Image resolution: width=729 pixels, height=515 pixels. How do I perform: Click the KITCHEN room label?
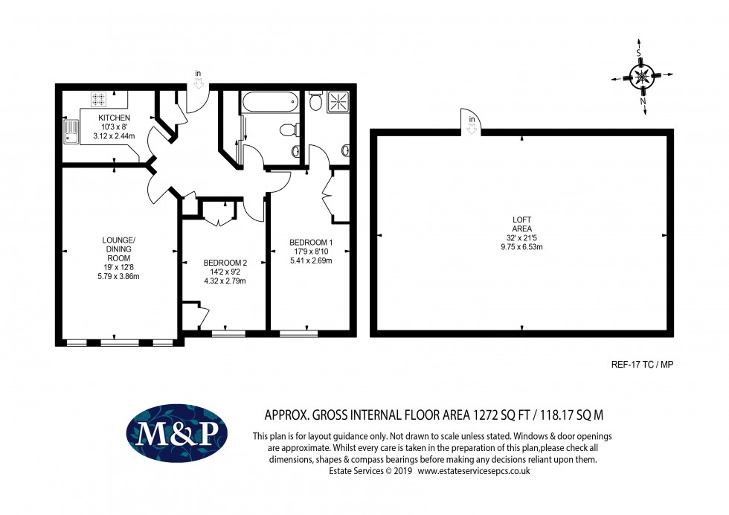(x=114, y=118)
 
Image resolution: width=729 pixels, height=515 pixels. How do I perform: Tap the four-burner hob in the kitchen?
(x=98, y=98)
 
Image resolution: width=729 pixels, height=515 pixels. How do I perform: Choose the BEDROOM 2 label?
(x=225, y=263)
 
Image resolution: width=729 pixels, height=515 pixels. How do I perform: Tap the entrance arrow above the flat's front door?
(x=198, y=83)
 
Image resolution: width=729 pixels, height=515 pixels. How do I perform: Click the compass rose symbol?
(x=642, y=75)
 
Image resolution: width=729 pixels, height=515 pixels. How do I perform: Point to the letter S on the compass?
(x=638, y=53)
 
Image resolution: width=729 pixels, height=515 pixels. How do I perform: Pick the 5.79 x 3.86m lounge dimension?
(x=119, y=276)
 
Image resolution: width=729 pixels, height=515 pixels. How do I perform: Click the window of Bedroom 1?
(x=298, y=333)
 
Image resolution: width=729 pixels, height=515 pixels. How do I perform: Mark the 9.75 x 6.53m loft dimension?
(x=521, y=246)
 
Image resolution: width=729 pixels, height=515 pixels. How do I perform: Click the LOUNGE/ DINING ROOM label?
(x=119, y=249)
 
